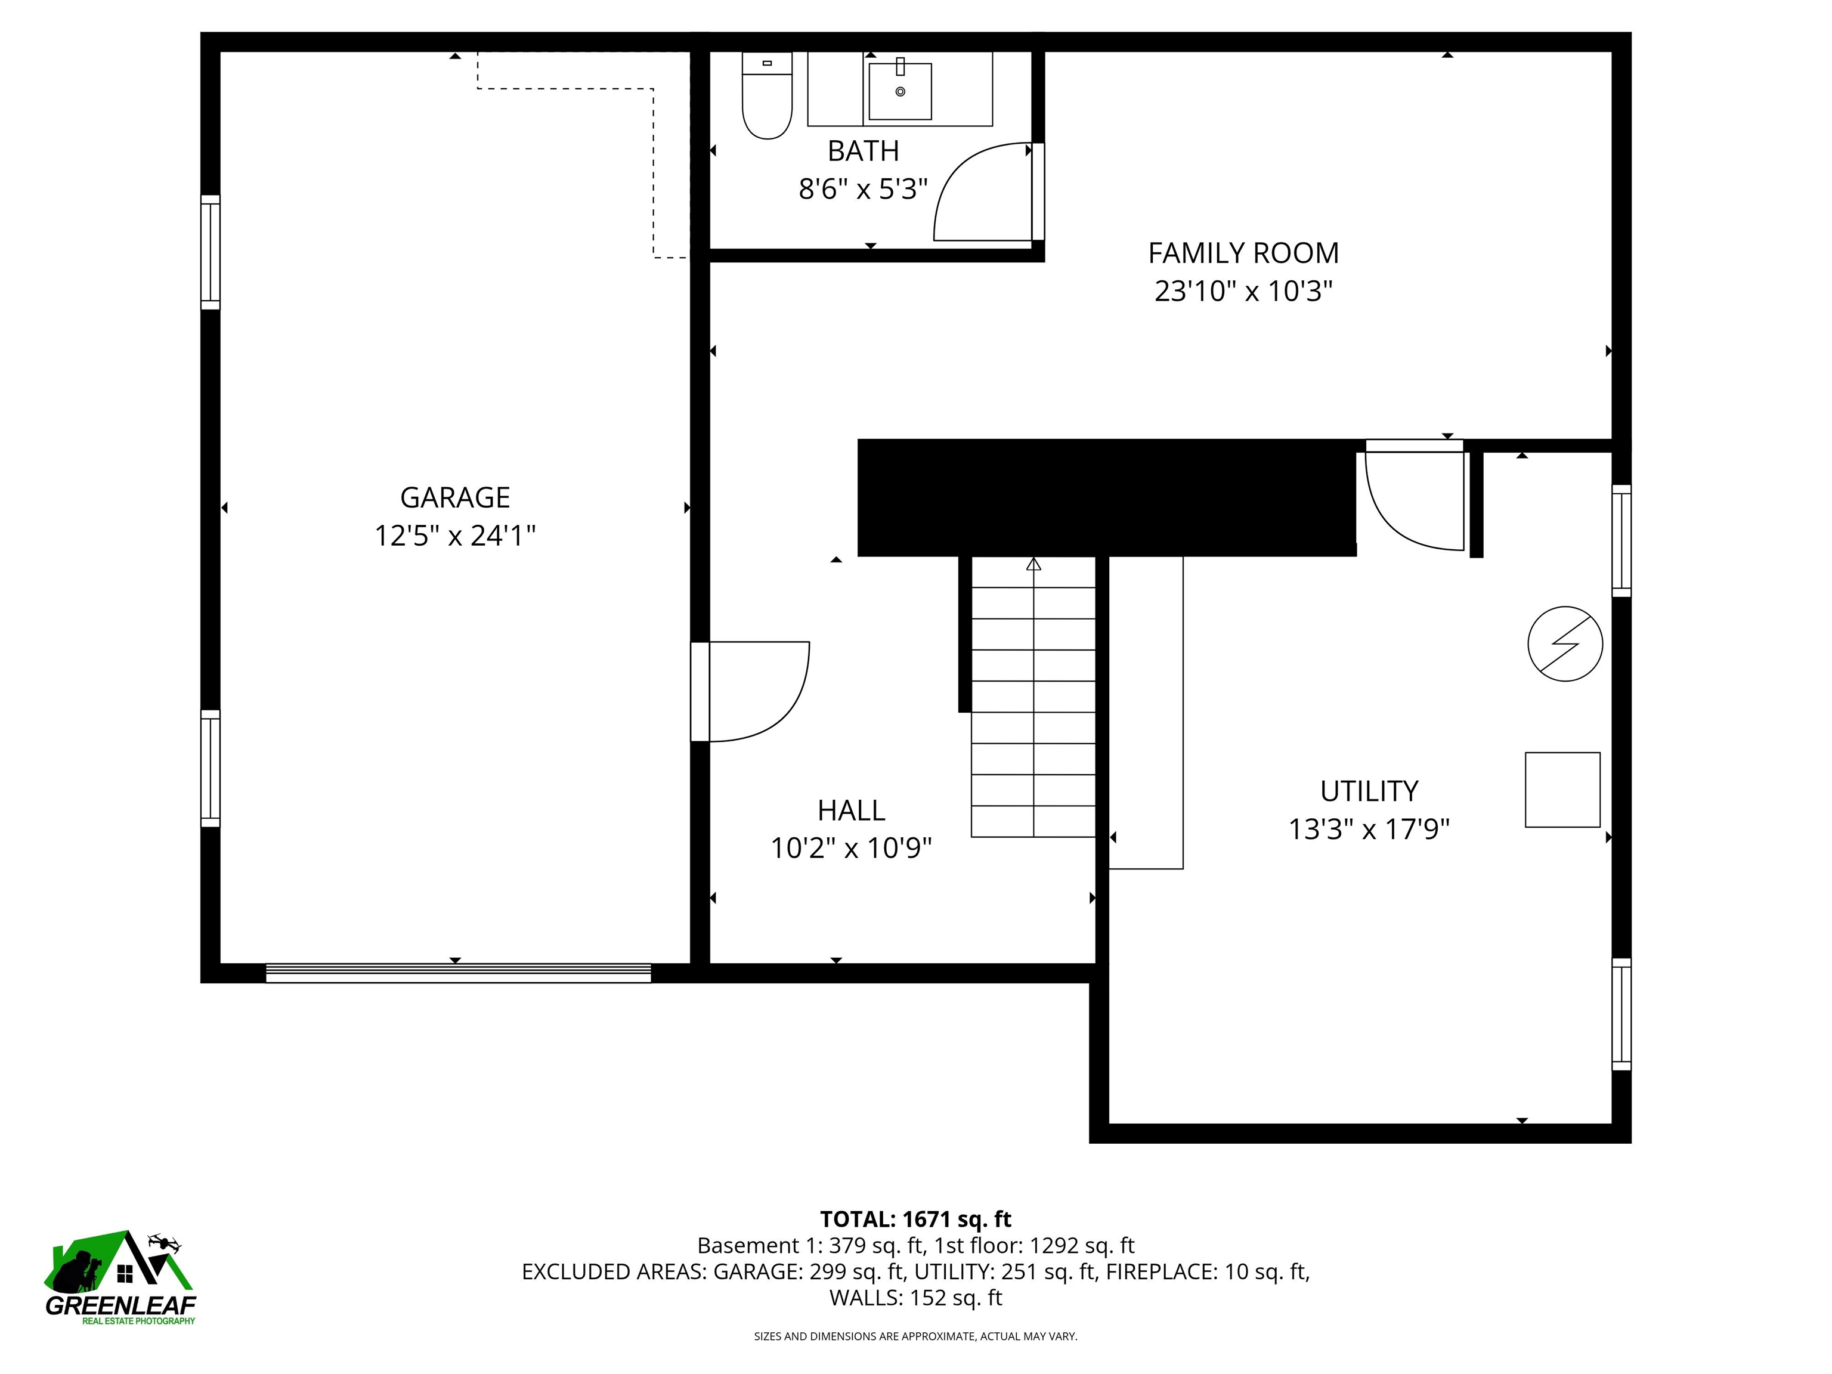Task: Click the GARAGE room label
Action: [454, 498]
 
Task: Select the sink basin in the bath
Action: [900, 91]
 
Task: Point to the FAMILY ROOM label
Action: [1242, 253]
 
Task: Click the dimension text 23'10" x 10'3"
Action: [1242, 292]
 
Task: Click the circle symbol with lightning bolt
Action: [1564, 643]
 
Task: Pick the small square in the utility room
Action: [1562, 790]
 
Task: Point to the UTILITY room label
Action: [1368, 792]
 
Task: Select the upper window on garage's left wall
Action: [211, 253]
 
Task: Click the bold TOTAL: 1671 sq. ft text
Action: [915, 1219]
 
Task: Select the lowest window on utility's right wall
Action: [1621, 1014]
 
